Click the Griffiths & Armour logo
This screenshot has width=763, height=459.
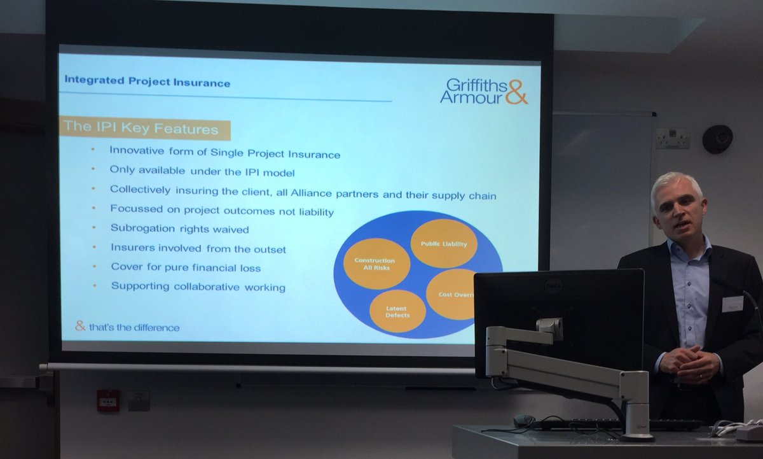coord(484,91)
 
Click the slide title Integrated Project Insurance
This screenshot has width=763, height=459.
coord(148,83)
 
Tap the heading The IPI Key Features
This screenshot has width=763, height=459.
coord(141,128)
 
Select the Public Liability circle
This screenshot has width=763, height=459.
coord(443,243)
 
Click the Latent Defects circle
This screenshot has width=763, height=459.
coord(397,311)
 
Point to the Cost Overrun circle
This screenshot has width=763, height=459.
coord(453,294)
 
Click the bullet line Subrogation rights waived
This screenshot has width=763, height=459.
coord(179,228)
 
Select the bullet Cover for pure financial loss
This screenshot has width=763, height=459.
coord(186,267)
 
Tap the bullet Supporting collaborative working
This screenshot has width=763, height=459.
coord(198,286)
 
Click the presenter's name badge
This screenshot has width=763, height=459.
coord(732,304)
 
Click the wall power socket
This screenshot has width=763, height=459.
coord(672,138)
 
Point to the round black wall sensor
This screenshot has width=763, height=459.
coord(717,138)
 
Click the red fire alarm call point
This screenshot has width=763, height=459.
coord(107,400)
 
